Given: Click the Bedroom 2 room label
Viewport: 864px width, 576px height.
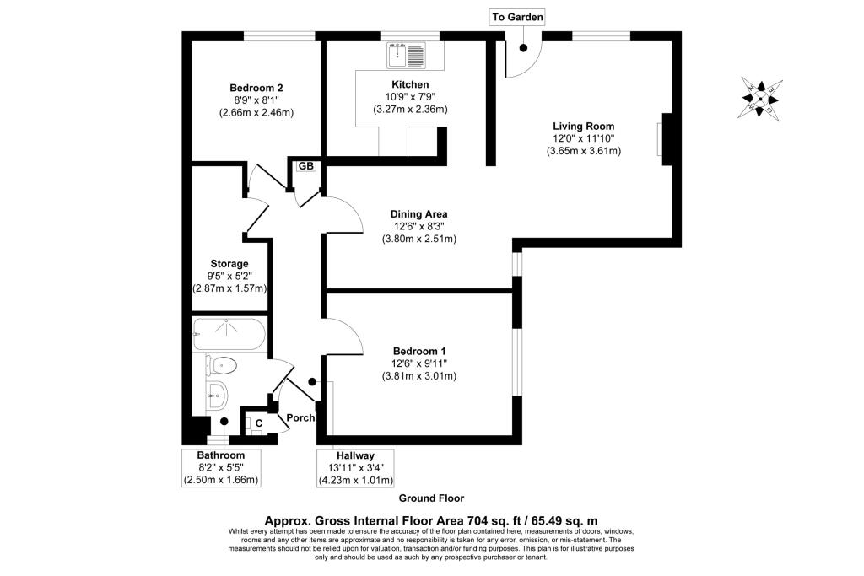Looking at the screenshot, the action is click(256, 88).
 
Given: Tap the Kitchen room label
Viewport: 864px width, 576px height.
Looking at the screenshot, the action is click(410, 84).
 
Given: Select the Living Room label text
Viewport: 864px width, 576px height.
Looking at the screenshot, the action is click(584, 127).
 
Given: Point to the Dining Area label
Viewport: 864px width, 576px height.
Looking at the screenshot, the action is click(418, 214).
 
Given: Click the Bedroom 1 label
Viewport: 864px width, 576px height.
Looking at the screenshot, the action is click(419, 352).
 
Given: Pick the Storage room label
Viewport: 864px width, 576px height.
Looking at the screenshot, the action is click(229, 264).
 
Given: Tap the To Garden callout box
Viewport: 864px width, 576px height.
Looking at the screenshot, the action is click(517, 17).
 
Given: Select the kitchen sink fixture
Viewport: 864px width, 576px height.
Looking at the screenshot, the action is click(407, 55).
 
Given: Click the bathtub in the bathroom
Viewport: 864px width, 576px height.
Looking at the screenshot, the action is click(229, 334).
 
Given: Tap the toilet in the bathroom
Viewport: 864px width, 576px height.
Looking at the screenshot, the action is click(221, 365).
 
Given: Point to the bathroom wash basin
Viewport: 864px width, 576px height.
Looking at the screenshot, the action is click(217, 395).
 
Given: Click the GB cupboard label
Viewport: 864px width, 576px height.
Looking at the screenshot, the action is click(305, 166).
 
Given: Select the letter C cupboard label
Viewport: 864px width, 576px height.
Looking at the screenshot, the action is click(258, 423).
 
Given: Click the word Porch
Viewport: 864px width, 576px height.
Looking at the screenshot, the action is click(300, 418).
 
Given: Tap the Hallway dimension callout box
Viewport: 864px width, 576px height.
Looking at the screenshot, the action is click(355, 468).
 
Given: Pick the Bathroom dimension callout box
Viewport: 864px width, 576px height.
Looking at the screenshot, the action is click(221, 468).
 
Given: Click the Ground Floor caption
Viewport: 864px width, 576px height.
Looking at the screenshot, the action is click(431, 498).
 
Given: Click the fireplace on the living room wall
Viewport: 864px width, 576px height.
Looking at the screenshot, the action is click(666, 139).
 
